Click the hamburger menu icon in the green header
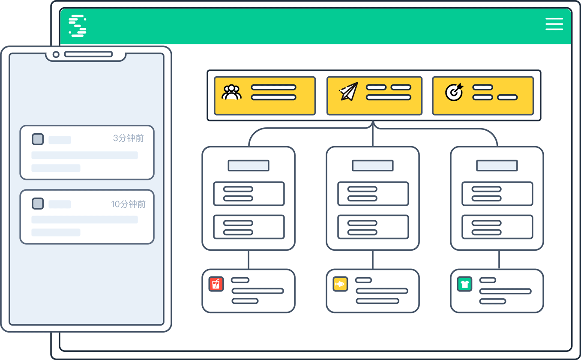coord(554,24)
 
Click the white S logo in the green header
coord(77,26)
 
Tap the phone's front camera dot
coord(56,54)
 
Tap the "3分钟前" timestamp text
coord(129,138)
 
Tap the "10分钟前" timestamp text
coord(129,204)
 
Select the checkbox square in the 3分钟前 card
coord(38,139)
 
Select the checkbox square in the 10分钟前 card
coord(38,203)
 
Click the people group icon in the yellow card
coord(231,92)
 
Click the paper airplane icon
coord(349,91)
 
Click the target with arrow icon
coord(454,92)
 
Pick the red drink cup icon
coord(216,284)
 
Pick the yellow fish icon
coord(340,284)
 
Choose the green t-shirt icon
coord(464,284)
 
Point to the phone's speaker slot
coord(88,54)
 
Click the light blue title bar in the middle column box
coord(373,165)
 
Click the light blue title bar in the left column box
coord(249,165)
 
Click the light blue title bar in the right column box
coord(497,165)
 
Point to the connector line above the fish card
coord(373,260)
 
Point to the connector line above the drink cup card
coord(249,260)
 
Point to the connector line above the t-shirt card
coord(499,260)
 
